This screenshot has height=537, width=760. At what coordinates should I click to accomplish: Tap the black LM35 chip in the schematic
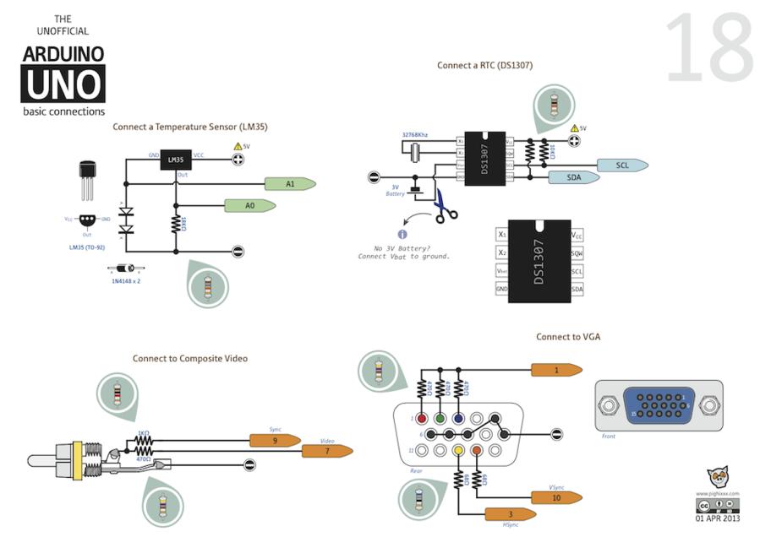(x=175, y=160)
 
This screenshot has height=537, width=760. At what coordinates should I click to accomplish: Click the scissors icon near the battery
(x=445, y=205)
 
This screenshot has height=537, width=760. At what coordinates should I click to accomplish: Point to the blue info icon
(x=402, y=234)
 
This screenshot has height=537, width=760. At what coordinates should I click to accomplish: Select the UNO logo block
(x=63, y=84)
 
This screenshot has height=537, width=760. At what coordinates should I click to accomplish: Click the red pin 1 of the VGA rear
(x=420, y=418)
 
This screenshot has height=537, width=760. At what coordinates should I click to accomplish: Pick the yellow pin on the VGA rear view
(x=458, y=451)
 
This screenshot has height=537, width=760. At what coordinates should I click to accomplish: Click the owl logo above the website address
(x=718, y=477)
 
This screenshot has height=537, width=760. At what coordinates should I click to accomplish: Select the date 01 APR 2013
(x=717, y=518)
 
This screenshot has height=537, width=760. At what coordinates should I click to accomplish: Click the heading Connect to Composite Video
(x=189, y=359)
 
